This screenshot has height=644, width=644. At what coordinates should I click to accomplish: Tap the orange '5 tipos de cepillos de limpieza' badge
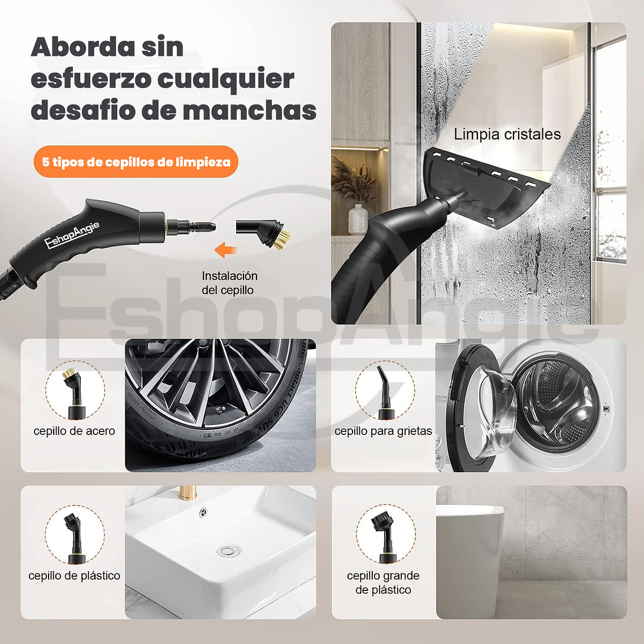(136, 162)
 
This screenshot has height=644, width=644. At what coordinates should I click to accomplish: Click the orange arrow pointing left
(225, 249)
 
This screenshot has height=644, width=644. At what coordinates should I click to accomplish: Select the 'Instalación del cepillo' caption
(229, 283)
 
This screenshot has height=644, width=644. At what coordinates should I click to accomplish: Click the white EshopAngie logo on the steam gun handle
(72, 234)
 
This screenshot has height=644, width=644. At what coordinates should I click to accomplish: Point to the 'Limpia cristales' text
(507, 134)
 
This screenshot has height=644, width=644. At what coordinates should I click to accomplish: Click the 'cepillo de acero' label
(74, 431)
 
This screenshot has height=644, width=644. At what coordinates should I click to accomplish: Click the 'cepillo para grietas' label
(383, 431)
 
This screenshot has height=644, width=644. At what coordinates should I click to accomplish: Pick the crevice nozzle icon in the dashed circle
(384, 390)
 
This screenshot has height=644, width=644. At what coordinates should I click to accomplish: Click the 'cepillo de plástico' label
(74, 576)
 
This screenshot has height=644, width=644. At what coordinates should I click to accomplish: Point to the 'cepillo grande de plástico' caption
(383, 582)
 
